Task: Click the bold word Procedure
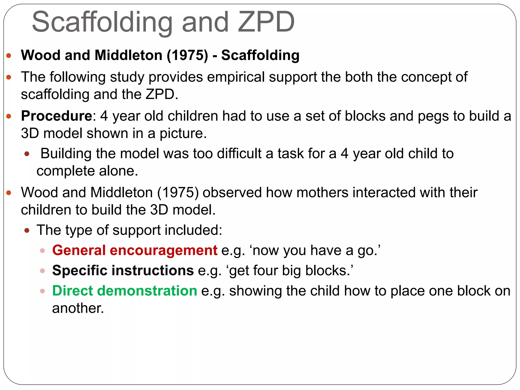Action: pos(57,116)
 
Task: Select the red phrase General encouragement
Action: pos(135,250)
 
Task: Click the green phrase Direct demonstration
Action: pos(125,291)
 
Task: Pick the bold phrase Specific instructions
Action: pos(123,270)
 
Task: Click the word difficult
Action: pos(239,154)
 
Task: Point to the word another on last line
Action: pos(78,308)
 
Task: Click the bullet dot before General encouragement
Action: pos(43,251)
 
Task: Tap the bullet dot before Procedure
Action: pos(9,117)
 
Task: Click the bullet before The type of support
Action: pos(27,231)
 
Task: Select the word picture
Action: pos(183,134)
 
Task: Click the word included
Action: pos(193,230)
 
